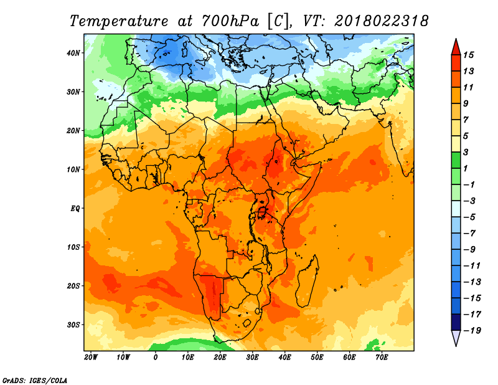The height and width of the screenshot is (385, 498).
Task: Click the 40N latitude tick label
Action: click(73, 53)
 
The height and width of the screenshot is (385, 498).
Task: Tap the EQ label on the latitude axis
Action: click(75, 208)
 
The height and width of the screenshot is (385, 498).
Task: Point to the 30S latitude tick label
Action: click(73, 325)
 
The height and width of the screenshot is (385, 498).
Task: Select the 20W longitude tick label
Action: click(91, 358)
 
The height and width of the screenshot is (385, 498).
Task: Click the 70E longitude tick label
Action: click(382, 358)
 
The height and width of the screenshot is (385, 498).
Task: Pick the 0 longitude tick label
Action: click(156, 358)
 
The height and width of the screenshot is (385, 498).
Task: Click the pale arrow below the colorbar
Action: click(456, 338)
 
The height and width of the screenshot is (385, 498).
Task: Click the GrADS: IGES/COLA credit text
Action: click(35, 379)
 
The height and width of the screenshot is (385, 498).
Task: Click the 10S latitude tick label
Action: click(73, 247)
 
